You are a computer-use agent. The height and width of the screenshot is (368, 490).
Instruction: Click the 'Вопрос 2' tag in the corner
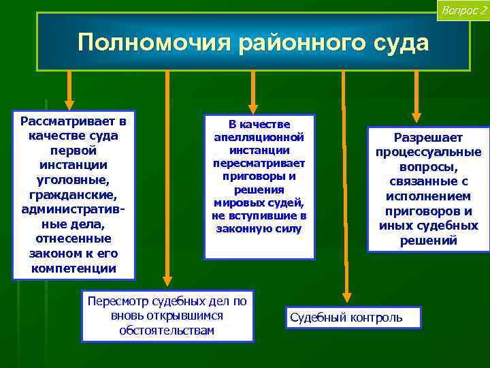463,10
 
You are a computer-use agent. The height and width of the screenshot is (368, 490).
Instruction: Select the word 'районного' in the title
299,42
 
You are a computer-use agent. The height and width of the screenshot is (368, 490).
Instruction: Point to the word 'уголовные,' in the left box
73,181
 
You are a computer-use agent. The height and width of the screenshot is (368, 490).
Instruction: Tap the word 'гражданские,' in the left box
73,195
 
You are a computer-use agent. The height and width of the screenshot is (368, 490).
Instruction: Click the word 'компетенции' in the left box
73,269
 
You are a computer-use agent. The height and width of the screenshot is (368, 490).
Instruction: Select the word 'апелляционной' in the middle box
259,137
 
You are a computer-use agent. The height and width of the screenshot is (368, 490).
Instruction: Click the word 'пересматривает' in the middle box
259,164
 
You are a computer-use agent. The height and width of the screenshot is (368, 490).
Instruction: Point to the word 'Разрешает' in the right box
428,138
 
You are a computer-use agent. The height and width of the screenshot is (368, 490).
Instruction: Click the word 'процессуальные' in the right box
428,152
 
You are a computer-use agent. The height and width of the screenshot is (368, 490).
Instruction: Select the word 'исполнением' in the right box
428,196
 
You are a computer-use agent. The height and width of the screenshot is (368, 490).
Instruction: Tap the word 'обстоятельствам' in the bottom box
167,331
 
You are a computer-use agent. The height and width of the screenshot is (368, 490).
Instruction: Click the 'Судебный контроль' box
351,318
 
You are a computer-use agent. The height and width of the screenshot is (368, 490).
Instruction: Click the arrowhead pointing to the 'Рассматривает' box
69,103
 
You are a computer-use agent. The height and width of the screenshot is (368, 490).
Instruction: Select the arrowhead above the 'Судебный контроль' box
346,296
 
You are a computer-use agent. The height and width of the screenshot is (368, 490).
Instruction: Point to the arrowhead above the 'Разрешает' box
416,117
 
